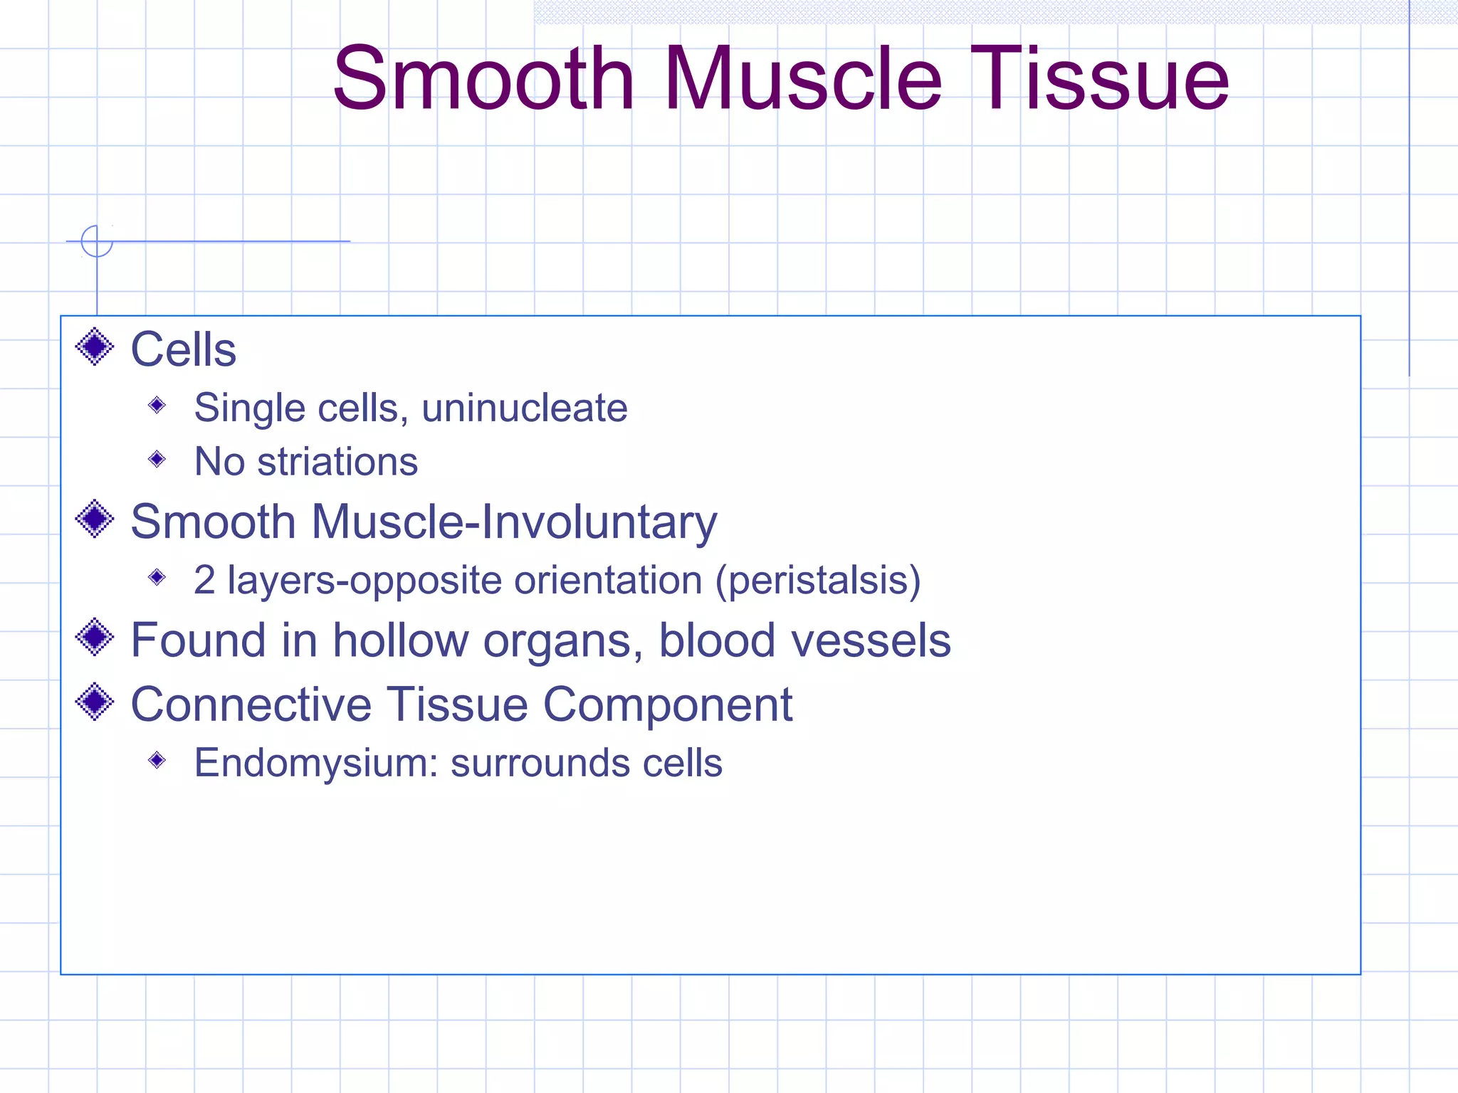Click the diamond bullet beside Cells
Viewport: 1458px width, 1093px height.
click(x=95, y=347)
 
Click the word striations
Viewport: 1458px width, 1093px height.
click(x=337, y=462)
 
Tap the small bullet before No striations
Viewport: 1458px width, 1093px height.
click(x=157, y=460)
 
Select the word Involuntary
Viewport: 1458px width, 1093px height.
click(x=599, y=522)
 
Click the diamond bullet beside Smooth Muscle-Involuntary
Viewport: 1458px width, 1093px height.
click(x=95, y=519)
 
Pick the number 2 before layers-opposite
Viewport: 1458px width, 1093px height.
click(x=204, y=580)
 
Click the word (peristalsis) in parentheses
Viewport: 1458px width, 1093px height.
click(x=818, y=580)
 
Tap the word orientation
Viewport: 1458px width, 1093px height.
click(x=608, y=580)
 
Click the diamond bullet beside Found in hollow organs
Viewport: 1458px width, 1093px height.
click(x=95, y=638)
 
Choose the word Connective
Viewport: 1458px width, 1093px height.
click(x=251, y=704)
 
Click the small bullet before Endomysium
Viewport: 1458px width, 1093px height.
click(x=157, y=761)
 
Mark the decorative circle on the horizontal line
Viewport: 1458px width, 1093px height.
click(x=97, y=241)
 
